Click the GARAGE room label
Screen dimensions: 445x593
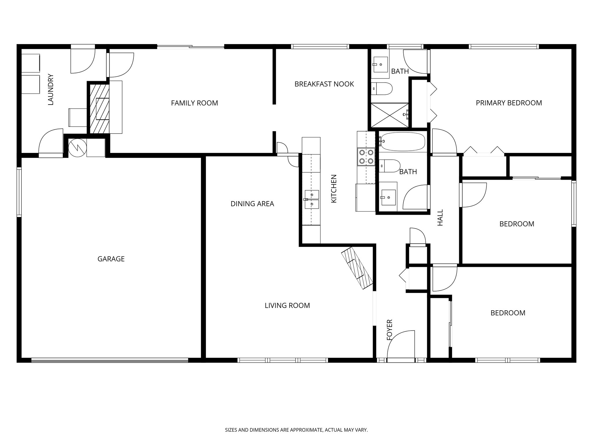(111, 259)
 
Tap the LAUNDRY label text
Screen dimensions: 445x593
(51, 90)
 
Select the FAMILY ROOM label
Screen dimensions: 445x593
(194, 103)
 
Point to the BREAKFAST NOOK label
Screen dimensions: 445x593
(324, 84)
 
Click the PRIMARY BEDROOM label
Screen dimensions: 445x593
(509, 103)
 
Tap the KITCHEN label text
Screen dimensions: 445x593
(334, 189)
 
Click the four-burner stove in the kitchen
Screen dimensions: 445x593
(366, 156)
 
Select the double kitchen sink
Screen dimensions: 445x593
(312, 199)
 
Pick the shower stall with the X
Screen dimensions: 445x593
(390, 115)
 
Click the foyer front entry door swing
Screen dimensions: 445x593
(401, 345)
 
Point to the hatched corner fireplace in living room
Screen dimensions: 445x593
(357, 268)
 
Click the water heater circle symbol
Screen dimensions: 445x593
(77, 147)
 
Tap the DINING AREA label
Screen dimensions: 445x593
(252, 204)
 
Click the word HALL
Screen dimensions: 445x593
(440, 218)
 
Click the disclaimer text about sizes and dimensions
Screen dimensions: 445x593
(296, 430)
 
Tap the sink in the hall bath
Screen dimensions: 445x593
(388, 197)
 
